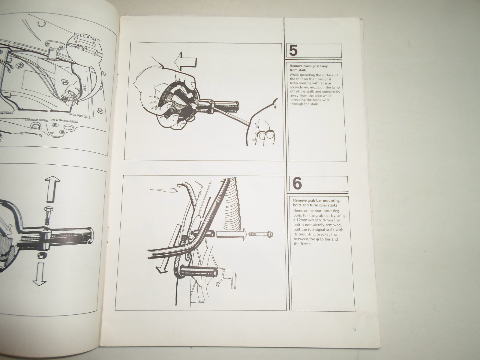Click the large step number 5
click(x=293, y=51)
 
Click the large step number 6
click(x=297, y=183)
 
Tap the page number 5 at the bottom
click(x=355, y=329)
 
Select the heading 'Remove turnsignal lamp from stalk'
click(x=309, y=68)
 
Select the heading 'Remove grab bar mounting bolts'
click(x=316, y=200)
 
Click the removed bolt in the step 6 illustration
click(x=260, y=235)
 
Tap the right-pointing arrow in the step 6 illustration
click(x=231, y=235)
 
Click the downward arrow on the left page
click(x=40, y=274)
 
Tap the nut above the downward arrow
click(x=41, y=255)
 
